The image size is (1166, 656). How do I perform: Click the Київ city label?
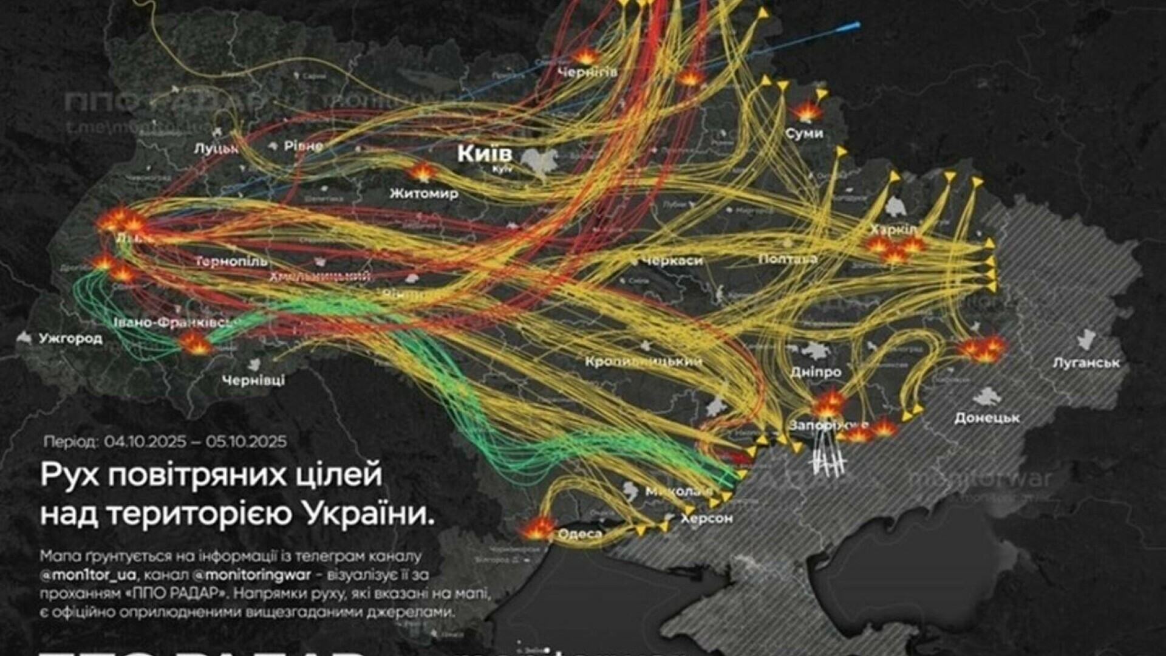coord(485,153)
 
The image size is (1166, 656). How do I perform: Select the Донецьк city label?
coord(987,418)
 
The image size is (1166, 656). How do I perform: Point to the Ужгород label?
coord(70,338)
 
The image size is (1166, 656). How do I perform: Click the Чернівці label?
coord(253,381)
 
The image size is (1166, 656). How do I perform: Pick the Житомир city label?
coord(424,194)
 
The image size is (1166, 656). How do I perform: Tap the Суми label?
coord(804,133)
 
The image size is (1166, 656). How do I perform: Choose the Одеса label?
coord(580,535)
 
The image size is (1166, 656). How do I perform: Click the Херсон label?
coord(706,519)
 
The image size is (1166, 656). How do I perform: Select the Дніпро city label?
coord(816,372)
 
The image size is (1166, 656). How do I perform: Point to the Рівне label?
coord(304,146)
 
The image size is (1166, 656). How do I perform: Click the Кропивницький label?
coord(644,362)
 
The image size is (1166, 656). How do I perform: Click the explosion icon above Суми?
coord(806,112)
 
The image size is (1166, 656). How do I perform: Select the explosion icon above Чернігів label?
coord(585,56)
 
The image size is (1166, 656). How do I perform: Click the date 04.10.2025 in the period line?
coord(145,442)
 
